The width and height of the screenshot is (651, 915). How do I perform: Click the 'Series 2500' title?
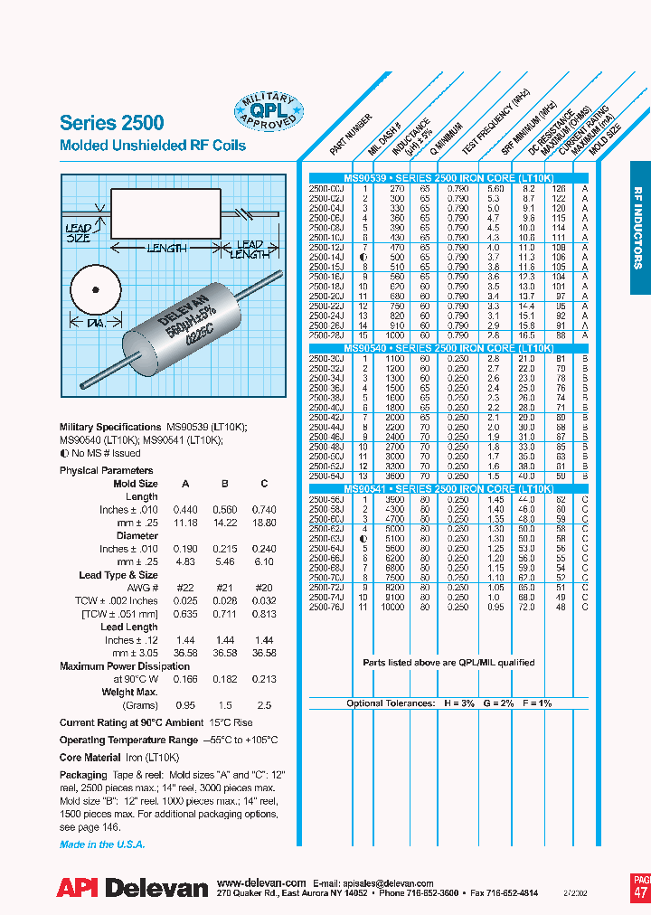[x=112, y=123]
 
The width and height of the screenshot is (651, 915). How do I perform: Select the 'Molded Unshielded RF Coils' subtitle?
[x=152, y=146]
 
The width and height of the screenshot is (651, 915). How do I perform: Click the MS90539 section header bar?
[x=448, y=179]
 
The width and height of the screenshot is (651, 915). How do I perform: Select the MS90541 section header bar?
[x=448, y=488]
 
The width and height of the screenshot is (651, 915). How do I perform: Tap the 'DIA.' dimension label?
[x=93, y=323]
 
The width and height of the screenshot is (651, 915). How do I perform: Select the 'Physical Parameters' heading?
[x=107, y=470]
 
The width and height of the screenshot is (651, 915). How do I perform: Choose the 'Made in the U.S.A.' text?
[x=102, y=844]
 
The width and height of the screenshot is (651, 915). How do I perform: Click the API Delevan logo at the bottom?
[x=133, y=889]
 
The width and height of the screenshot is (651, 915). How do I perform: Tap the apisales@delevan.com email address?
[x=392, y=882]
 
